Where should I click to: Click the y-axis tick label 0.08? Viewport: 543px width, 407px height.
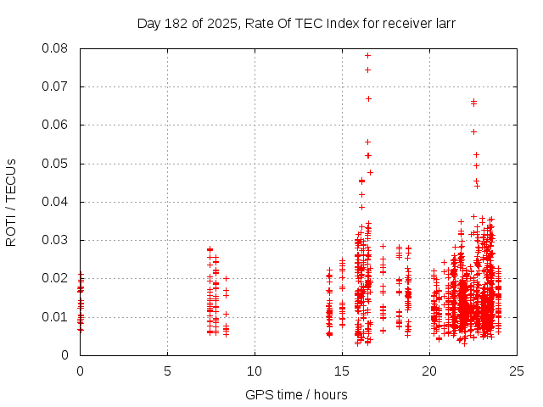57,48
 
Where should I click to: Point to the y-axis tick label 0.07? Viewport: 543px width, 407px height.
57,86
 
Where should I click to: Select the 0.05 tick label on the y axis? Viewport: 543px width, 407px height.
57,164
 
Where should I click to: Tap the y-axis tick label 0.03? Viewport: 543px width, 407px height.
57,240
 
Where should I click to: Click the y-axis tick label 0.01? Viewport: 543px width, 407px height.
57,317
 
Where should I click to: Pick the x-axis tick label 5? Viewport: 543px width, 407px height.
167,371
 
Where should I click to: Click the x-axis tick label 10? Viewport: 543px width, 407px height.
255,371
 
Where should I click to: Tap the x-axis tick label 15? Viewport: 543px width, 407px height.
342,371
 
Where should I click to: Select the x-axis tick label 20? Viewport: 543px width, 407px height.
429,371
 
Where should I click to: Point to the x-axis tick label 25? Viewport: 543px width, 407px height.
517,371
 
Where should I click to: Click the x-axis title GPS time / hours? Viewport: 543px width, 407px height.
297,394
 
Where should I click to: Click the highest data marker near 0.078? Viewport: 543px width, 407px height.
367,55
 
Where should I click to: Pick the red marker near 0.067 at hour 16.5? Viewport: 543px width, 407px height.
368,98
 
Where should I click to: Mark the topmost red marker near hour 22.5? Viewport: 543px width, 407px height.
473,101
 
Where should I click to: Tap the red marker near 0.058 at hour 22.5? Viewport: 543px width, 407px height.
473,131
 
